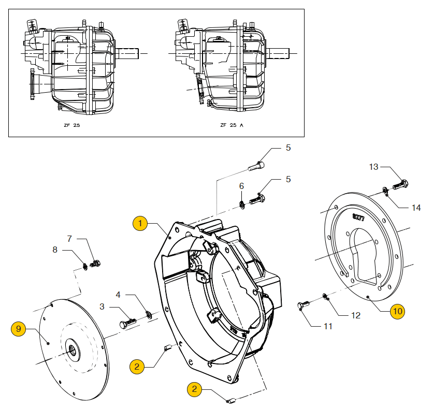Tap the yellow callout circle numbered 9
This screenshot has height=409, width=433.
tap(19, 328)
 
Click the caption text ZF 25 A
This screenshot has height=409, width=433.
tap(232, 125)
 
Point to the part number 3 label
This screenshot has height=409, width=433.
tap(102, 306)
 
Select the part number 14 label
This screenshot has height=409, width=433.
tap(416, 208)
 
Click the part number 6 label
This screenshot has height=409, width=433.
tap(241, 186)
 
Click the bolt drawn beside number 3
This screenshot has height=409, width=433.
tap(127, 323)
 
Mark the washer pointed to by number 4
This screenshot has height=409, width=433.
tap(148, 314)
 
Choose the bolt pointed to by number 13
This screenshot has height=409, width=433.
tap(401, 184)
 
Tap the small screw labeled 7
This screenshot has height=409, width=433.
tap(95, 264)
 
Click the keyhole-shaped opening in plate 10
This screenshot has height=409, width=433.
tap(368, 259)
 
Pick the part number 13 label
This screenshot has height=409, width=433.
tap(374, 167)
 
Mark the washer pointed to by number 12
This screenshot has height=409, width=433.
tap(325, 296)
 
